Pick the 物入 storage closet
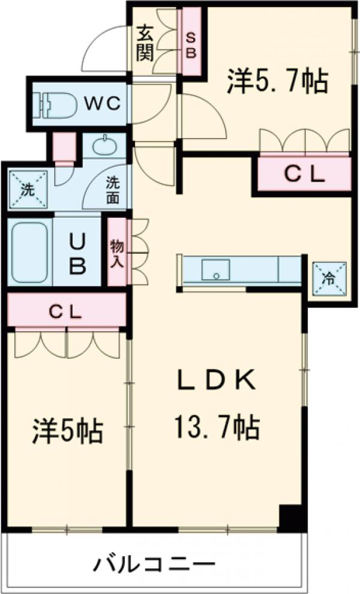tap(116, 252)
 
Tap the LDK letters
tap(216, 382)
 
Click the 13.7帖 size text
tap(216, 427)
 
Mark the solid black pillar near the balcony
tap(290, 517)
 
